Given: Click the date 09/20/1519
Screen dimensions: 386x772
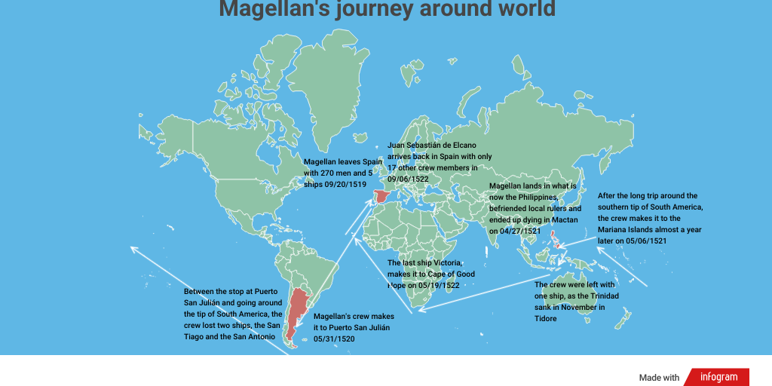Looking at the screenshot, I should tap(341, 185).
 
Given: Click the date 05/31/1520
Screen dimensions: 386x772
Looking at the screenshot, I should tap(334, 339).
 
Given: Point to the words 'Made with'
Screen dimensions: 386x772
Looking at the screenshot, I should tap(659, 378).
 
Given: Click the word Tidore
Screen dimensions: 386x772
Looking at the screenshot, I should tap(546, 319).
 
